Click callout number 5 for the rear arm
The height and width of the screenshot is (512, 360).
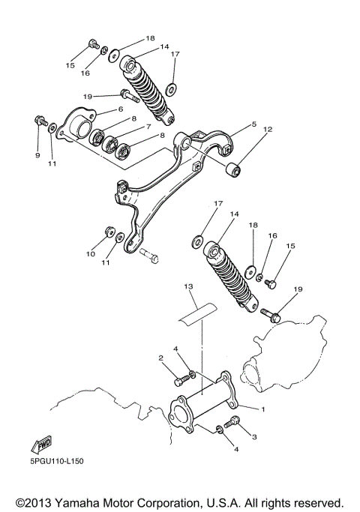coord(253,124)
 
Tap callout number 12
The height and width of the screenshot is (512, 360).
coord(267,129)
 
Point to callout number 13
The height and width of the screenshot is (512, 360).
coord(188,287)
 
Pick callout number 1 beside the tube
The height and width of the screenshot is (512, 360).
coord(262,409)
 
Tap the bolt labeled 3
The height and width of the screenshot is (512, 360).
coord(230,423)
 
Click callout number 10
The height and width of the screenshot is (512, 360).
coord(89,254)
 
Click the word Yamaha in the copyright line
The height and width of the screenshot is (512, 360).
coord(90,501)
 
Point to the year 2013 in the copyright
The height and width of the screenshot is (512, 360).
coord(42,501)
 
